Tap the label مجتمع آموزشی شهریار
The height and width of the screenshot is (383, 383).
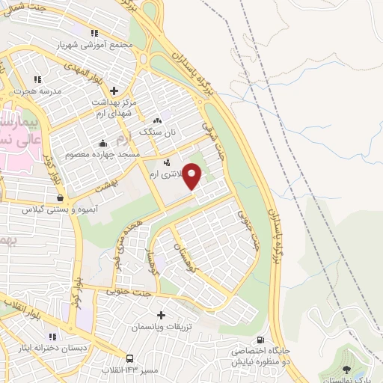pyautogui.click(x=94, y=44)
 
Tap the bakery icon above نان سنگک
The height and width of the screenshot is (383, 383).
pyautogui.click(x=157, y=120)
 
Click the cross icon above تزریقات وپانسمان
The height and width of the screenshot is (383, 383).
pyautogui.click(x=162, y=316)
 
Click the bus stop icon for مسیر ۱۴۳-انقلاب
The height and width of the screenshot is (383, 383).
pyautogui.click(x=130, y=359)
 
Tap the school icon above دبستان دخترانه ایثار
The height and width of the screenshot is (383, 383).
pyautogui.click(x=52, y=337)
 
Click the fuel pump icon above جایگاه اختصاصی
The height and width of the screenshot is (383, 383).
pyautogui.click(x=260, y=339)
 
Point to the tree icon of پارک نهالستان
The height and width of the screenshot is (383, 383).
pyautogui.click(x=345, y=370)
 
